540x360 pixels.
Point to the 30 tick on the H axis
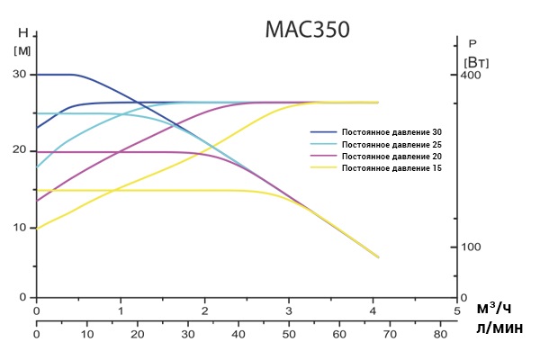[18, 75]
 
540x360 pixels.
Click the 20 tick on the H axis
[18, 150]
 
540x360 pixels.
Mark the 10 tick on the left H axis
[18, 227]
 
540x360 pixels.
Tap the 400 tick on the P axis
[472, 75]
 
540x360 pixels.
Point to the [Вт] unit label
[476, 62]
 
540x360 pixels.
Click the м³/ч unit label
[499, 310]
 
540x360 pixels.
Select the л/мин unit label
[499, 330]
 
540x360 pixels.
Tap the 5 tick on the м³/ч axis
[457, 310]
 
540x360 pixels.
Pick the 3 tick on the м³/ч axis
[289, 310]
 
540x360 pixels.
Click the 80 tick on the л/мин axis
[440, 334]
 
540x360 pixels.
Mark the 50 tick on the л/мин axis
[289, 334]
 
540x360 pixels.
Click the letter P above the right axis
[473, 42]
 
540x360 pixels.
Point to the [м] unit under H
[22, 49]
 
